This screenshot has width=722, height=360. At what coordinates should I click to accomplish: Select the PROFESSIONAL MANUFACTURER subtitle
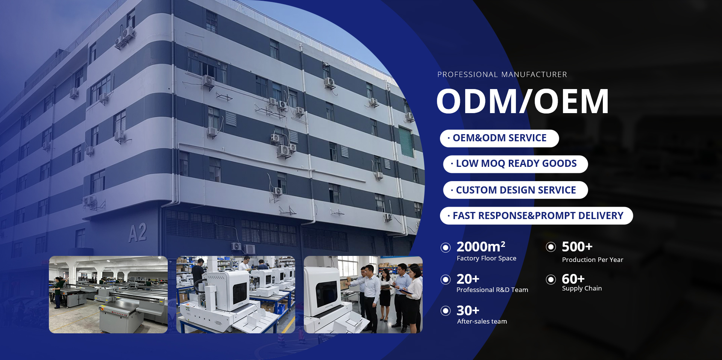tap(502, 74)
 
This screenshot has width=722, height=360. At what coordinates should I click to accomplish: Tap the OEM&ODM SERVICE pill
tap(499, 138)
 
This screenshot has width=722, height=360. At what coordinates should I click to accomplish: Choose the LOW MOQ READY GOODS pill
tap(516, 164)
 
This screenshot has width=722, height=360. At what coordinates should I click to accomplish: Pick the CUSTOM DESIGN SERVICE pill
tap(516, 190)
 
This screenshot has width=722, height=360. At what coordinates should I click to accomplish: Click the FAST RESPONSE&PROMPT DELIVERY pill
tap(537, 216)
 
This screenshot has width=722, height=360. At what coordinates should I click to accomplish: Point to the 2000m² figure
tap(481, 247)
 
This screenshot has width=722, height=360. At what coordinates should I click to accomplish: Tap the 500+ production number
tap(577, 247)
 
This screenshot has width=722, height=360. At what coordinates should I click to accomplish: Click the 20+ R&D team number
tap(468, 279)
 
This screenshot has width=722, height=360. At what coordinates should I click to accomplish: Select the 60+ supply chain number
tap(573, 279)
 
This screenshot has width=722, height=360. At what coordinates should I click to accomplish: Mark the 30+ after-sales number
tap(468, 310)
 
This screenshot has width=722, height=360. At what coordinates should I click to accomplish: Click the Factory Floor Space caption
tap(487, 258)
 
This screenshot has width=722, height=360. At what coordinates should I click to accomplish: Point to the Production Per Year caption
tap(593, 260)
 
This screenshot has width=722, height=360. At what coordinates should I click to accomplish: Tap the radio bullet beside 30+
tap(446, 311)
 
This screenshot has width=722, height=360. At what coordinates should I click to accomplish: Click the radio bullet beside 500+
tap(551, 247)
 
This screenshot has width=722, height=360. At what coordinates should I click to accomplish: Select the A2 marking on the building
tap(138, 233)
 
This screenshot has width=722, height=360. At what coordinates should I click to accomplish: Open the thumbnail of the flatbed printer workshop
tap(108, 295)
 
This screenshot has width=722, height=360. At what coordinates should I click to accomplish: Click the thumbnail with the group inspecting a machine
tap(363, 295)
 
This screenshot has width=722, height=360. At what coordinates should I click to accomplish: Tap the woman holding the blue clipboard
tap(414, 299)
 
